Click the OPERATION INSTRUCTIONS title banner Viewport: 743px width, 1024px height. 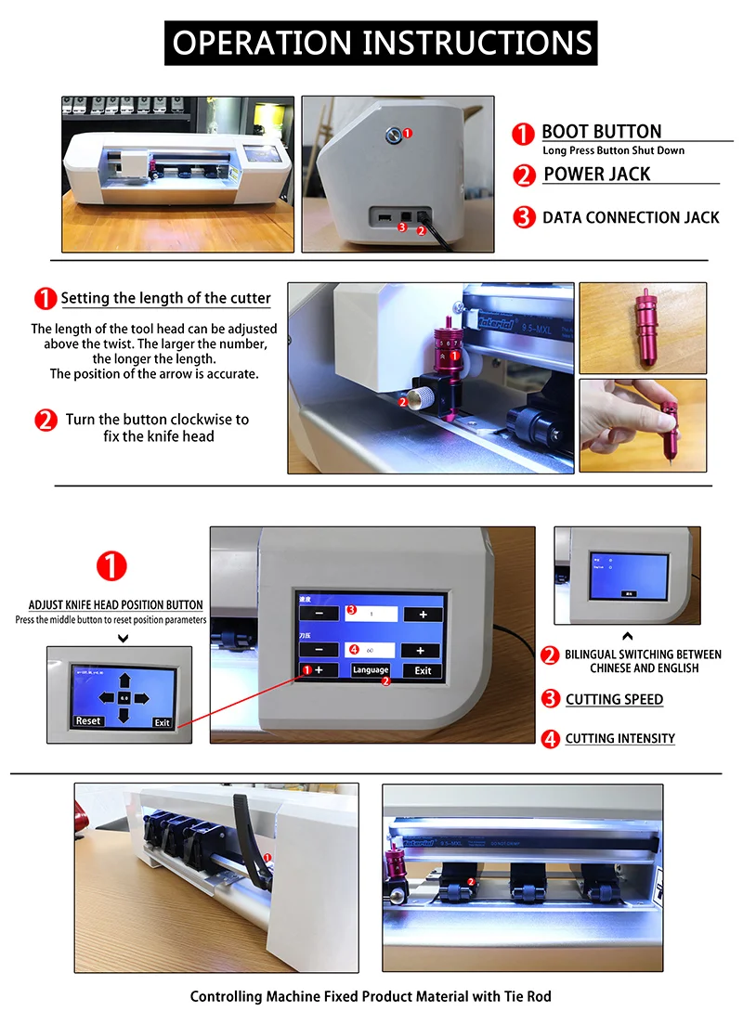[x=382, y=44]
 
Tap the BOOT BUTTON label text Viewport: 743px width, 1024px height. [x=601, y=132]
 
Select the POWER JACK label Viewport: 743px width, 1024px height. [x=596, y=175]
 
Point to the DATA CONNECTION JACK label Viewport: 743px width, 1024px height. [x=630, y=217]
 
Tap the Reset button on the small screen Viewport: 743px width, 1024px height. [x=88, y=720]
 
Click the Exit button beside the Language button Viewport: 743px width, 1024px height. [x=423, y=670]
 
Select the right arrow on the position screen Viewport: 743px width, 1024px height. [x=141, y=698]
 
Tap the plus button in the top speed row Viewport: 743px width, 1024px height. [x=423, y=615]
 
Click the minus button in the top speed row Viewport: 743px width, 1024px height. [x=319, y=615]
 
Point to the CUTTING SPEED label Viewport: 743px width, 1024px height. [x=614, y=699]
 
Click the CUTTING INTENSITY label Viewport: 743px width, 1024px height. [x=619, y=739]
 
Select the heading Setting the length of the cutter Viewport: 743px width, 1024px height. [x=165, y=299]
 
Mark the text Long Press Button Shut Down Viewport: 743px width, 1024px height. [x=613, y=150]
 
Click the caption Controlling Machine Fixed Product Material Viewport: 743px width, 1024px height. [x=371, y=996]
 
